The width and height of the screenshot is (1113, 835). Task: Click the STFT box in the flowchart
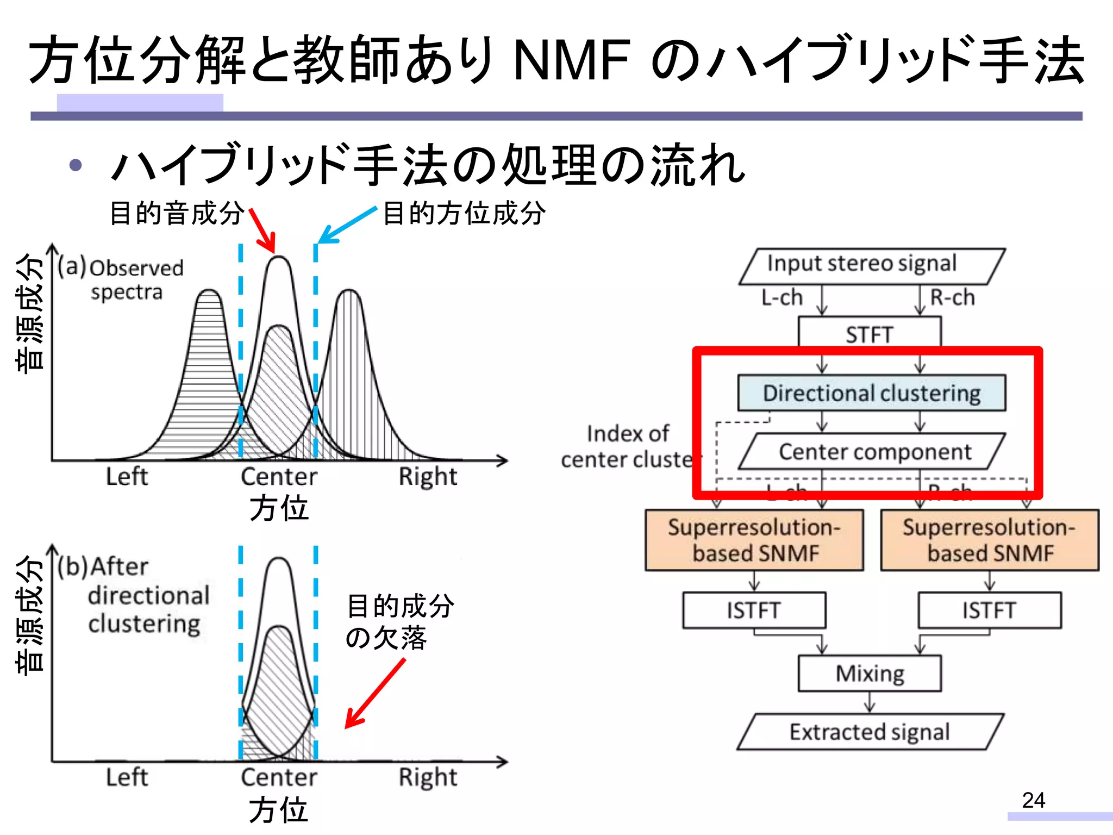[870, 333]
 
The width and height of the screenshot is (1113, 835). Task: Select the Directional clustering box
[872, 392]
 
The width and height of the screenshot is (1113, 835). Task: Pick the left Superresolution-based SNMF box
[754, 540]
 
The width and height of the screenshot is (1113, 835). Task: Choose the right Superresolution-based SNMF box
[990, 540]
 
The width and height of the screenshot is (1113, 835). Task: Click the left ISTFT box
[754, 610]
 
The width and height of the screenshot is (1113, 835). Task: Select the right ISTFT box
[990, 610]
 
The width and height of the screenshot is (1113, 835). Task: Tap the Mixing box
[870, 673]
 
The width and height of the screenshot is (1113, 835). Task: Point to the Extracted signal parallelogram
[870, 732]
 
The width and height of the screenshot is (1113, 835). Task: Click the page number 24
[1033, 800]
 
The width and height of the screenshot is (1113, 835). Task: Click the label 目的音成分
[177, 213]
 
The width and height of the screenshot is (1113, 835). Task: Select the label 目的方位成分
[464, 213]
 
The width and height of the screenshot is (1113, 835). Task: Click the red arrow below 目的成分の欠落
[375, 694]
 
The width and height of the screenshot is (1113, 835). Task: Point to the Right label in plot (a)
[428, 476]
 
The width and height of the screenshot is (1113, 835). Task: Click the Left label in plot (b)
[127, 777]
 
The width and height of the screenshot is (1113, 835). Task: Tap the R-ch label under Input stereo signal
[952, 297]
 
